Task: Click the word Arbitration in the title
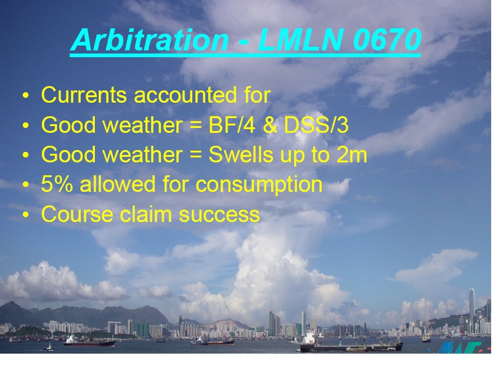(x=150, y=40)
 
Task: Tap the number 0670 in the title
(x=387, y=39)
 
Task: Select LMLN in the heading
(x=300, y=39)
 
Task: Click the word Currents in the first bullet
(x=84, y=95)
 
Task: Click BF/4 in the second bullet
(x=232, y=125)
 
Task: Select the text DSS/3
(x=316, y=125)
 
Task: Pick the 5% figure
(x=57, y=184)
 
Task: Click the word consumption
(x=259, y=185)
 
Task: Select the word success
(x=219, y=215)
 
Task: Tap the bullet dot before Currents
(x=25, y=95)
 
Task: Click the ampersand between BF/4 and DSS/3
(x=270, y=125)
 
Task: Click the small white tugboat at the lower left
(x=49, y=347)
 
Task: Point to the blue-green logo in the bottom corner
(x=459, y=347)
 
